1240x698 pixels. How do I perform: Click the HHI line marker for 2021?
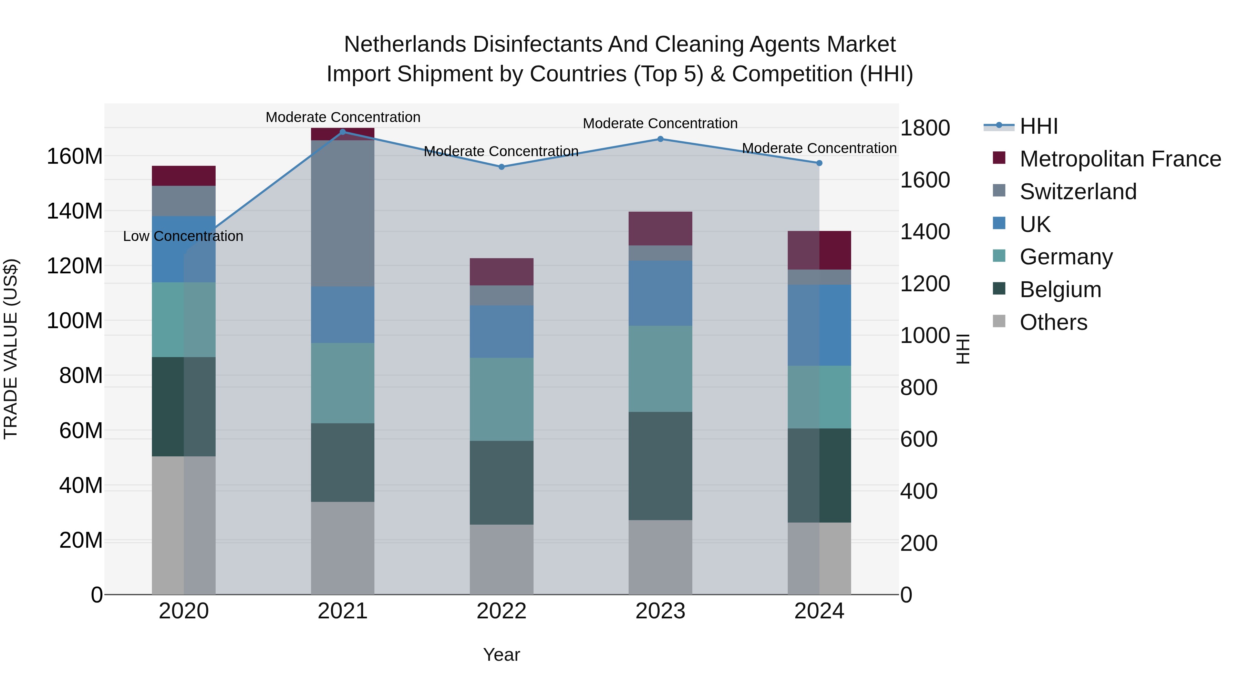pos(343,132)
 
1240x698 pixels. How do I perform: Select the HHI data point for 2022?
pos(501,167)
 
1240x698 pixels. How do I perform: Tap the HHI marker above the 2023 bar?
pos(660,139)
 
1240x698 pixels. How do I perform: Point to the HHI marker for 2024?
pos(819,163)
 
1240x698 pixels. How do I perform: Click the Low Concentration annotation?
pos(183,236)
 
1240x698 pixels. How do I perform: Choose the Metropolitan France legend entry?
pos(1120,159)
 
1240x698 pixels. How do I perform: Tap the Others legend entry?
pos(1053,322)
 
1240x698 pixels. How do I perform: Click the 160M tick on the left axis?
pos(75,156)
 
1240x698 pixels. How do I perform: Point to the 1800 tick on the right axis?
pos(925,128)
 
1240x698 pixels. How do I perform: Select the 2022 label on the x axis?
pos(501,611)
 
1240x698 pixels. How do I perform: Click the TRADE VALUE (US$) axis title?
pos(11,349)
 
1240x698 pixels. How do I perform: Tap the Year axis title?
pos(501,655)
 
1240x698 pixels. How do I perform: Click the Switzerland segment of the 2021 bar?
pos(343,213)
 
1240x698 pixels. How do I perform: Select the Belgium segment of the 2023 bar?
pos(660,466)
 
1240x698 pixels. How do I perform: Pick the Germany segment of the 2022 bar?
pos(501,399)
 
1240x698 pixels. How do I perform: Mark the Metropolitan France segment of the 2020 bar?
pos(183,176)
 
